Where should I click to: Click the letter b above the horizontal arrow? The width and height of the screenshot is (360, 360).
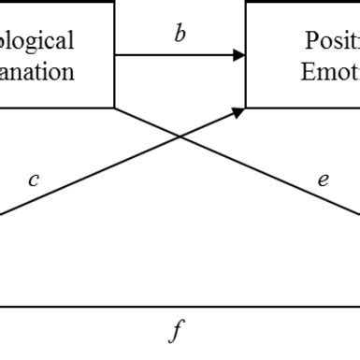click(x=180, y=36)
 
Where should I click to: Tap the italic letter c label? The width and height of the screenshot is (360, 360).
click(x=34, y=180)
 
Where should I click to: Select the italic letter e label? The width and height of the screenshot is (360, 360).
click(x=323, y=180)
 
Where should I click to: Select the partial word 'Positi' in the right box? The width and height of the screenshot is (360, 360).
click(x=332, y=40)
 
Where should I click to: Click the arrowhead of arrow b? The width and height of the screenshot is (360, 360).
click(x=239, y=55)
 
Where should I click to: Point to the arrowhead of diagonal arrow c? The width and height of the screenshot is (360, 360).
click(x=239, y=111)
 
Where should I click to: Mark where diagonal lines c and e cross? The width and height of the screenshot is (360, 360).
click(x=180, y=137)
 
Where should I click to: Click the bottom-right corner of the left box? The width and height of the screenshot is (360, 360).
click(x=114, y=107)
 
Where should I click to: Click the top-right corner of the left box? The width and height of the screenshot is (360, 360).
click(x=114, y=1)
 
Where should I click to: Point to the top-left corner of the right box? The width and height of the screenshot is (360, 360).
click(x=246, y=1)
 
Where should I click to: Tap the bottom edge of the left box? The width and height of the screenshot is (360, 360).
click(x=56, y=107)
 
